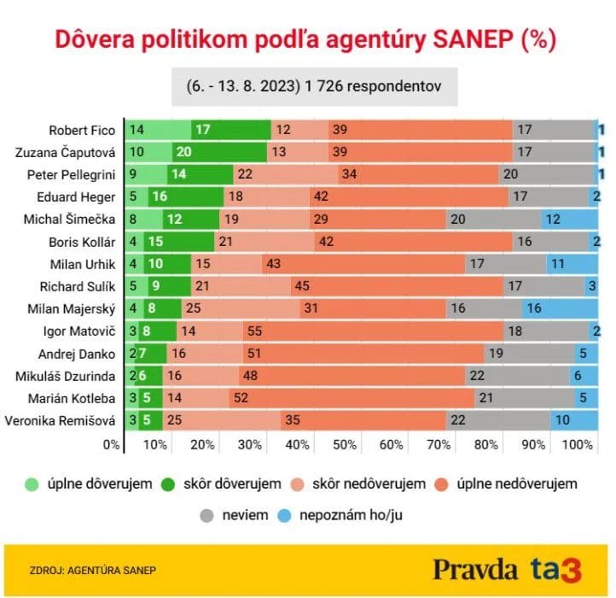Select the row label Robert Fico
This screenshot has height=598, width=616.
pyautogui.click(x=81, y=131)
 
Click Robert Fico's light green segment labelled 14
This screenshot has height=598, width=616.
pyautogui.click(x=158, y=131)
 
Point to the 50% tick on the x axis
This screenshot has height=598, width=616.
pyautogui.click(x=345, y=445)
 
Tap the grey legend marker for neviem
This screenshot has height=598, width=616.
pyautogui.click(x=207, y=515)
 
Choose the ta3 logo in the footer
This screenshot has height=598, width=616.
pyautogui.click(x=555, y=570)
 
